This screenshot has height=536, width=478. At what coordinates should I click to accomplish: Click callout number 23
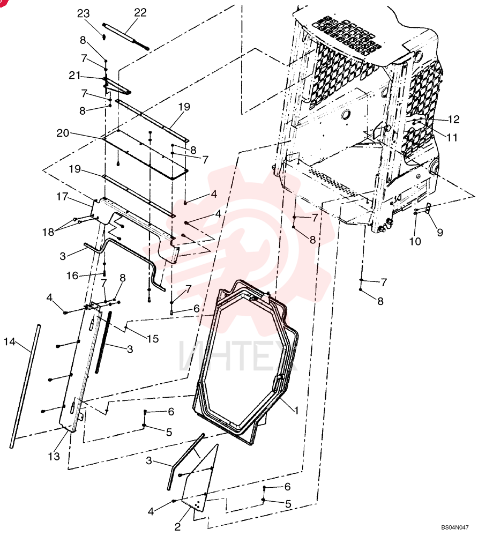83,13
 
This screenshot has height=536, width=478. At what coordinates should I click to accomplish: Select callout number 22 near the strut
140,12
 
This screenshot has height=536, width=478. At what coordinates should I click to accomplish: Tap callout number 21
74,75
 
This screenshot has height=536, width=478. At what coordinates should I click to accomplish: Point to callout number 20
63,132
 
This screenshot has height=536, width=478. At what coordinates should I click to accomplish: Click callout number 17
62,197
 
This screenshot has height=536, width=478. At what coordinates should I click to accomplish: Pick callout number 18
48,232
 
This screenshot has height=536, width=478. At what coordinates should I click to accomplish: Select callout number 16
72,276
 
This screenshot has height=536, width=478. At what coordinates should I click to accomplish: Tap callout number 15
153,338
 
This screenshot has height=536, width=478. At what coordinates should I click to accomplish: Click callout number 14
10,341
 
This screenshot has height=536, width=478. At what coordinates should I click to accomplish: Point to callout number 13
54,456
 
